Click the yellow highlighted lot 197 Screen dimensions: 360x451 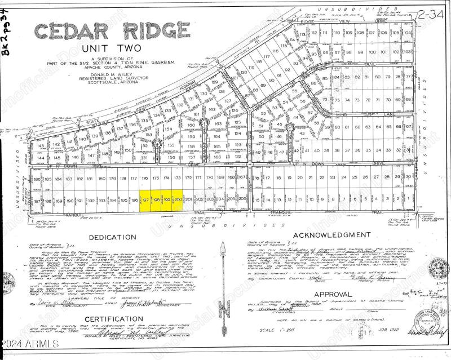[145, 200]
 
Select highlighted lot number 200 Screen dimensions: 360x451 [178, 200]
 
